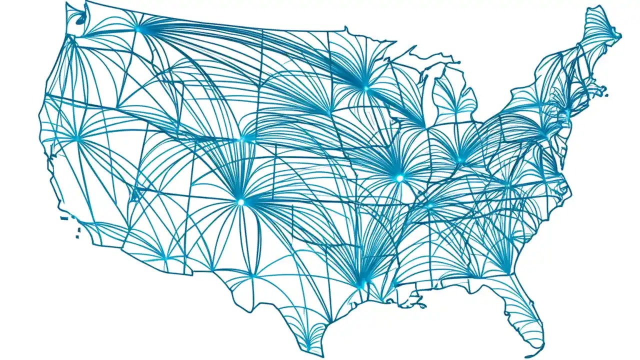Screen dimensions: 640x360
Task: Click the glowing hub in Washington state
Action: (x=138, y=29)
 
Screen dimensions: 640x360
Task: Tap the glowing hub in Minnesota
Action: (x=365, y=88)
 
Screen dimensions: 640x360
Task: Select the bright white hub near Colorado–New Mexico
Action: (x=240, y=202)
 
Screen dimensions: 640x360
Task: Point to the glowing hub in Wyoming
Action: (x=243, y=139)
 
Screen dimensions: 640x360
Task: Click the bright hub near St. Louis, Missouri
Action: (x=399, y=178)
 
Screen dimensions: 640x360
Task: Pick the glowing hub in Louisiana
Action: (x=361, y=285)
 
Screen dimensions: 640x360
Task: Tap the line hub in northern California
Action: (x=77, y=138)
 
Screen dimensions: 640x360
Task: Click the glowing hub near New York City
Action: (x=545, y=134)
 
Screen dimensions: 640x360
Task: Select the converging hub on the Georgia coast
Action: (x=509, y=272)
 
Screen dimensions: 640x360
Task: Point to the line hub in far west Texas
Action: (x=252, y=275)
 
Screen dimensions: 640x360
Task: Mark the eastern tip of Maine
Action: (x=620, y=36)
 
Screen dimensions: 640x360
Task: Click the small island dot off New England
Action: (x=605, y=94)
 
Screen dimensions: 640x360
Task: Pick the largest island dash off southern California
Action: (x=64, y=218)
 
